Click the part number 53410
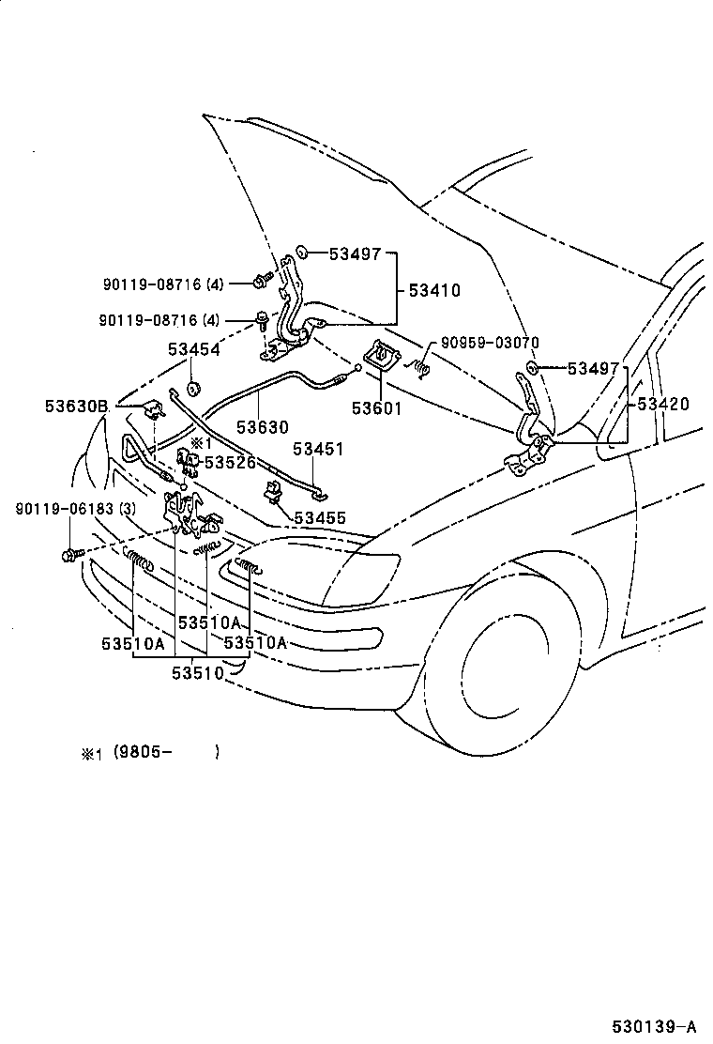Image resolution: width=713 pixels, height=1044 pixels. pos(434,291)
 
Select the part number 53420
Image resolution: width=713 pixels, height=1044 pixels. pos(662,405)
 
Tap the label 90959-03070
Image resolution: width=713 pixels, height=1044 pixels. pos(484,342)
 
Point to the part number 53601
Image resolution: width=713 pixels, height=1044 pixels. pos(376,407)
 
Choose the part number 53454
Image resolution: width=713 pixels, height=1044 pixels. pos(194,349)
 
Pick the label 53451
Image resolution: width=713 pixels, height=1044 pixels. pos(317,449)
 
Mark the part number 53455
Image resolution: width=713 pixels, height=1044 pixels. pos(320,517)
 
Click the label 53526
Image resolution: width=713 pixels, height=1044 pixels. pos(230,462)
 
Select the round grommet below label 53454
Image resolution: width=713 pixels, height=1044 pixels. pos(192,389)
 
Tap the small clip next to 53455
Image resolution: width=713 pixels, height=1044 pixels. pos(272,490)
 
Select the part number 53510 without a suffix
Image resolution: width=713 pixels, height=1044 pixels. pos(197,671)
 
